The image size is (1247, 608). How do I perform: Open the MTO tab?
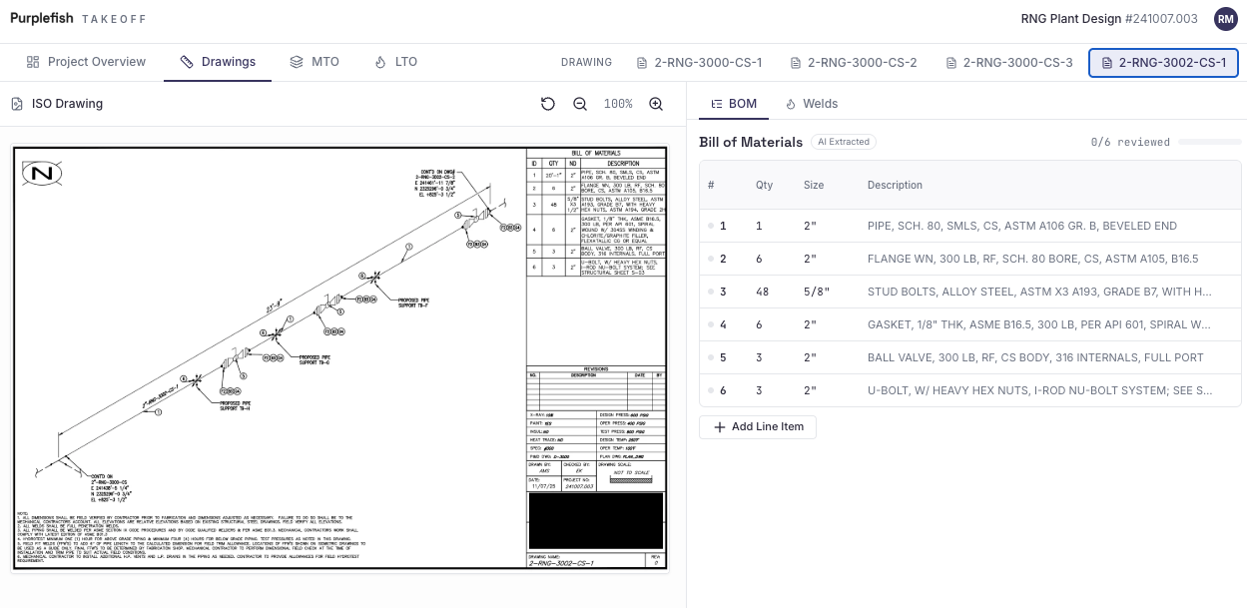coord(314,62)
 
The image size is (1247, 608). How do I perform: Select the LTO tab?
coord(395,62)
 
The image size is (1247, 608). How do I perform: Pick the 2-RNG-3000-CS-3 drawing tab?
coord(1008,63)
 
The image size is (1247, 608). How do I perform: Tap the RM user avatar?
coord(1225,18)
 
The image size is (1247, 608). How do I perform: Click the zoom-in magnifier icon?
coord(656,104)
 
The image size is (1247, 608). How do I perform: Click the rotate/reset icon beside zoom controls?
coord(547,104)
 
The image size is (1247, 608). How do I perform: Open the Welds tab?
coord(811,104)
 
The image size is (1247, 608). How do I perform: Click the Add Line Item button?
coord(758,427)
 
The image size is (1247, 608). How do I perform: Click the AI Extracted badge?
coord(844,142)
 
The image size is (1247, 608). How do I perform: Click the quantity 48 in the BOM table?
coord(762,292)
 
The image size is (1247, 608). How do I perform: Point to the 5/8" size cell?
coord(817,292)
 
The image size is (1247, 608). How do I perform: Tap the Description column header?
coord(895,185)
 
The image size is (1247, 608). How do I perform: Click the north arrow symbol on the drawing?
coord(42,174)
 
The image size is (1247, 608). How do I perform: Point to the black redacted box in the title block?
coord(595,520)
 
